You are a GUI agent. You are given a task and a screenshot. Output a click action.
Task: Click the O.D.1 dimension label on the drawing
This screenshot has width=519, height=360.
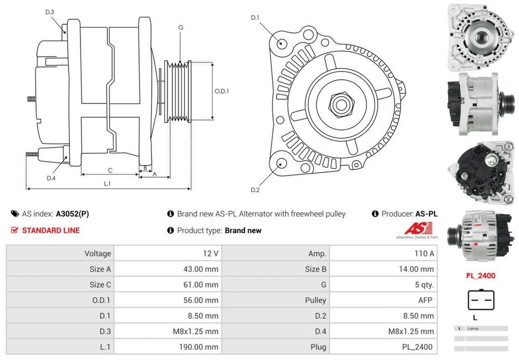point(222,91)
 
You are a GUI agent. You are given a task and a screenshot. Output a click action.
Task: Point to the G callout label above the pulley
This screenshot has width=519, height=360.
point(181,27)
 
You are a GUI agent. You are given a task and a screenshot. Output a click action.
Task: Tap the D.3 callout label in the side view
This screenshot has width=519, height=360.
point(50,12)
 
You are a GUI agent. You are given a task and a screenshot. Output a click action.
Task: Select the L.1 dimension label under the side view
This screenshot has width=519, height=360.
point(107,183)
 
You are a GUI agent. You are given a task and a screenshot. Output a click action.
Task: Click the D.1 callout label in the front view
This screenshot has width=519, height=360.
point(255,18)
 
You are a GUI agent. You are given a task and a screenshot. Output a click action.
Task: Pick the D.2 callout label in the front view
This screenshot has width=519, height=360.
point(255,190)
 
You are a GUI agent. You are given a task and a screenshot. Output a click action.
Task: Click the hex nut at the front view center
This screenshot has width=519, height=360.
point(340,103)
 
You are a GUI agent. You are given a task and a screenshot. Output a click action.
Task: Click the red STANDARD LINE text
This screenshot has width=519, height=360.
point(50,230)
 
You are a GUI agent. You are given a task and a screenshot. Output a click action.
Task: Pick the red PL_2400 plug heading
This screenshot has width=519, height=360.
point(481,276)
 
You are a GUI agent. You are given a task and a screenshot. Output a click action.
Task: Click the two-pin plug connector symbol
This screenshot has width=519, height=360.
point(481,300)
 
